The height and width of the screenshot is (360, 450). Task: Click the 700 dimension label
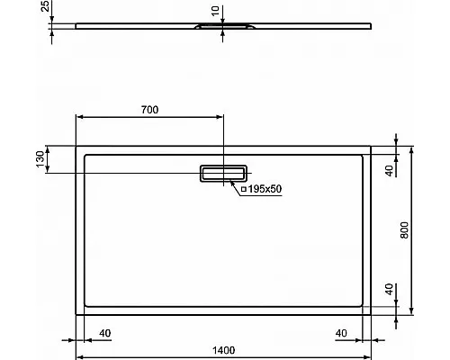[149, 110]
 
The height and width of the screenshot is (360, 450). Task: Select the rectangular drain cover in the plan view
[223, 173]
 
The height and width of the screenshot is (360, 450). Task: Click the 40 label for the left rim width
[104, 333]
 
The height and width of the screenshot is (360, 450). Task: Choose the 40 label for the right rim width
[341, 333]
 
